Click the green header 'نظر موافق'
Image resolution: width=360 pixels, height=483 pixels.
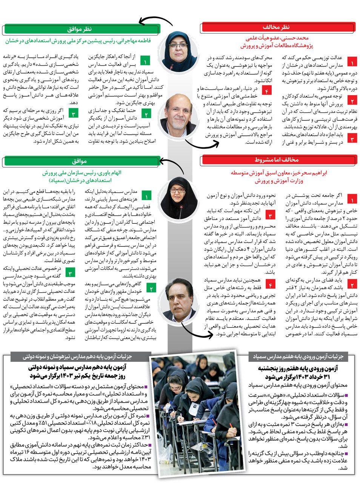(x=81, y=29)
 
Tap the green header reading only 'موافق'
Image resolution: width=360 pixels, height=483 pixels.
(x=81, y=161)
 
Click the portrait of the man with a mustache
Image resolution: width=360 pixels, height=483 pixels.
(x=178, y=300)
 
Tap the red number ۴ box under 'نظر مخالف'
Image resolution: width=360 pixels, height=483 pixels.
(x=267, y=91)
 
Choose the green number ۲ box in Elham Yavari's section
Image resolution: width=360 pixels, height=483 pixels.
(x=151, y=289)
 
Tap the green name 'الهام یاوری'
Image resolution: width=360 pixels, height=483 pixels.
(x=109, y=173)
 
